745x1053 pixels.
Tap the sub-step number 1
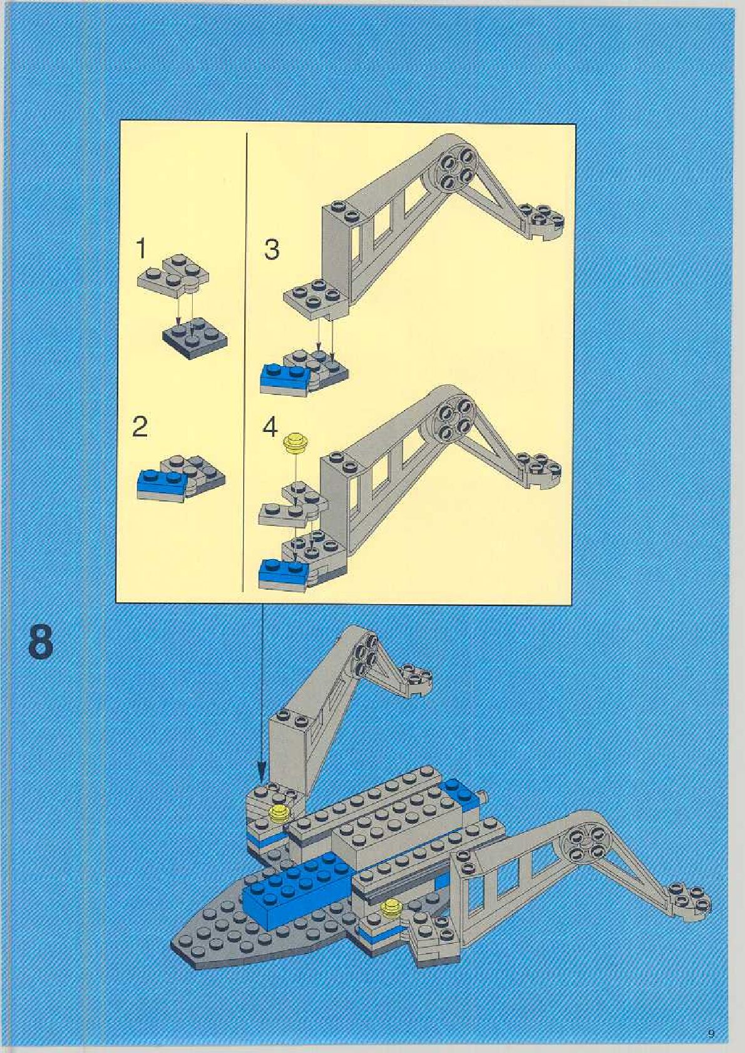click(142, 249)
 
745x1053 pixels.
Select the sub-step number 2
click(140, 427)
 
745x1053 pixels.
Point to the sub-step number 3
click(272, 250)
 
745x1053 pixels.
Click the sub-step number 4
click(270, 428)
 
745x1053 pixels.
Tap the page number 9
click(711, 1033)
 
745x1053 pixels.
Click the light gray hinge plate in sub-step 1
click(173, 274)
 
